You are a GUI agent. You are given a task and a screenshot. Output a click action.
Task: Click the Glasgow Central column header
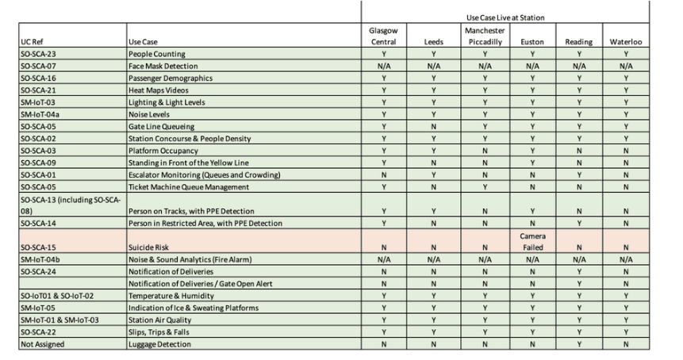pyautogui.click(x=384, y=35)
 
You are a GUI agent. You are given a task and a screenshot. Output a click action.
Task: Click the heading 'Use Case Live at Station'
pyautogui.click(x=505, y=15)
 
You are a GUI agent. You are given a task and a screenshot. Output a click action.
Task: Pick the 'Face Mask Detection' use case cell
pyautogui.click(x=163, y=65)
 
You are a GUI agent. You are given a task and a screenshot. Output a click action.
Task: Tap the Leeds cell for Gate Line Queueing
pyautogui.click(x=432, y=126)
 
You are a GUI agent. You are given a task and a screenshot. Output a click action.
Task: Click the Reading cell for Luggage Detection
pyautogui.click(x=579, y=344)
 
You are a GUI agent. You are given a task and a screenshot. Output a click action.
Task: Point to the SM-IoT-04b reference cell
pyautogui.click(x=36, y=259)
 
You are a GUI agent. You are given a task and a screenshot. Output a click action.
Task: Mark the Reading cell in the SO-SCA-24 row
pyautogui.click(x=579, y=271)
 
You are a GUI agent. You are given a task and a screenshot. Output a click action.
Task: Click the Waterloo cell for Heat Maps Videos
pyautogui.click(x=625, y=90)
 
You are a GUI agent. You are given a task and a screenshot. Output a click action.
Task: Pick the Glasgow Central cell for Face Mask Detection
pyautogui.click(x=384, y=65)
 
